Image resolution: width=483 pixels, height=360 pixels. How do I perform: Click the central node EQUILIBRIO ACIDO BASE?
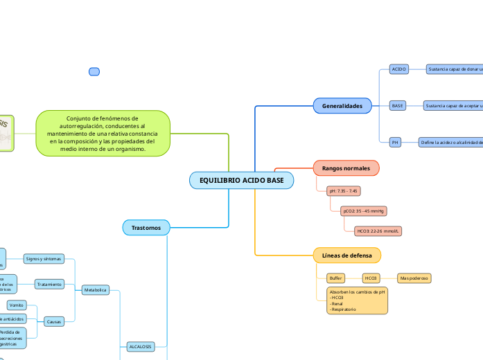(x=241, y=180)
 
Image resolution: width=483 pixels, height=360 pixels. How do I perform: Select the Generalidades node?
(x=342, y=106)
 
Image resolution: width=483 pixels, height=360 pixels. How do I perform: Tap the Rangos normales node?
(x=346, y=168)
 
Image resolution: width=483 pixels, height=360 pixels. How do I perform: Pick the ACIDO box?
(x=399, y=69)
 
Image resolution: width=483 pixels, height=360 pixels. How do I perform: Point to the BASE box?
(x=398, y=106)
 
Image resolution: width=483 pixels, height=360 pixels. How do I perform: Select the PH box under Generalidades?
(x=396, y=142)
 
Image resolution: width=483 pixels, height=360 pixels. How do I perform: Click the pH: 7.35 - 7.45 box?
(x=343, y=190)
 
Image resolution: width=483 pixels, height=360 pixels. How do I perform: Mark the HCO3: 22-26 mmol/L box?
(x=378, y=231)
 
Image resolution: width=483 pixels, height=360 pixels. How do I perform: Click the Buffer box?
(x=336, y=278)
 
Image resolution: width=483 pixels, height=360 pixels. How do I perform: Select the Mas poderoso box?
(x=414, y=278)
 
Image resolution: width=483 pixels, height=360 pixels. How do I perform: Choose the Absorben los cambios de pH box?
(x=357, y=300)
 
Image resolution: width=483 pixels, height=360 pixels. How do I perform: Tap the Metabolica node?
(x=95, y=289)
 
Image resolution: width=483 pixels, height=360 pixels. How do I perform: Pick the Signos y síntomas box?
(x=44, y=258)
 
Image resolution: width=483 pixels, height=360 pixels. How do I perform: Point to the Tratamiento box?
(x=50, y=284)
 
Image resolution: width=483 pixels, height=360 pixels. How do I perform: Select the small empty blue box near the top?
(x=95, y=71)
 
